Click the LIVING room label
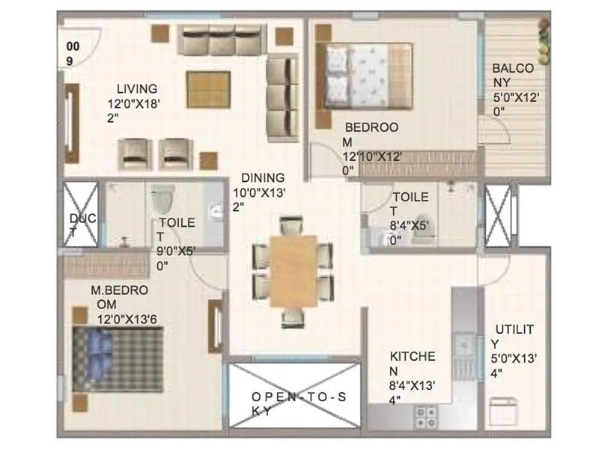tap(133, 89)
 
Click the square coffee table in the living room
tap(209, 88)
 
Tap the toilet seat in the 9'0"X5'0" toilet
tap(161, 198)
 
